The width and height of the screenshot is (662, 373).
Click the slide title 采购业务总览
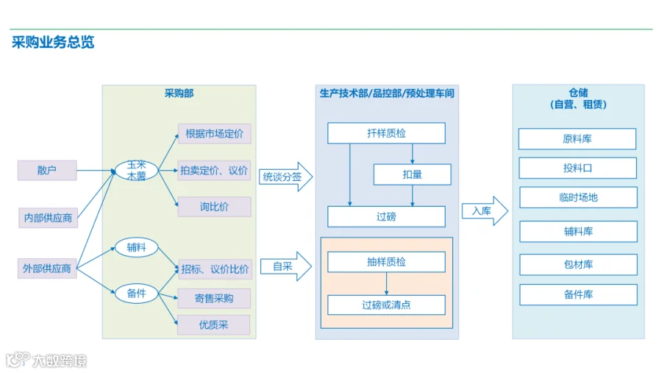[x=53, y=42]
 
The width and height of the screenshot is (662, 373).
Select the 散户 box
[x=47, y=170]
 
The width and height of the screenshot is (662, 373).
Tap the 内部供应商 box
[x=48, y=218]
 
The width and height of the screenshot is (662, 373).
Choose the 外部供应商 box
[x=47, y=269]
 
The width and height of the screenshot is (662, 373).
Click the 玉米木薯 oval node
[x=136, y=170]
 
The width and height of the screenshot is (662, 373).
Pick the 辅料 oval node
[x=136, y=247]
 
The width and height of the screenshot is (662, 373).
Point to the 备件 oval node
[x=136, y=293]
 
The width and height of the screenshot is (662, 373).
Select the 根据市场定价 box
[x=215, y=134]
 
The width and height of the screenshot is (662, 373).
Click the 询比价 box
[x=215, y=207]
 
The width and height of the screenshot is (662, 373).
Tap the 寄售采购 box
[x=214, y=298]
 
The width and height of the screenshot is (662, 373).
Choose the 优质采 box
[x=213, y=324]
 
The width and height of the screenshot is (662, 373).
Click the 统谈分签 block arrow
[x=286, y=177]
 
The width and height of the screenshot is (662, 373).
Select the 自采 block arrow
[x=286, y=266]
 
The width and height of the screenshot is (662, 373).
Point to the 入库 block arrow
[x=485, y=211]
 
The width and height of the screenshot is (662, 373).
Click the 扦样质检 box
[x=386, y=133]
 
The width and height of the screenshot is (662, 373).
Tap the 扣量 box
[x=412, y=174]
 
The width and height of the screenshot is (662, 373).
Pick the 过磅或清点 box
[x=386, y=305]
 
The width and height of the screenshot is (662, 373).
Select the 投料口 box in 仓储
[x=577, y=168]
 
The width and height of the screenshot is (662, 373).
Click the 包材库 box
[x=578, y=264]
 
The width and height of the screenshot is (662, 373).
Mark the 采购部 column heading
[x=179, y=93]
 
